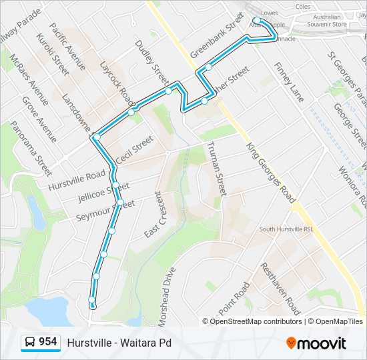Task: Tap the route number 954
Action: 47,342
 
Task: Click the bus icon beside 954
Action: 30,343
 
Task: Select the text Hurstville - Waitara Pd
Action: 119,343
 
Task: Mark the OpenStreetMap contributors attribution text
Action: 256,321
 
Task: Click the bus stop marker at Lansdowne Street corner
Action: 97,137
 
